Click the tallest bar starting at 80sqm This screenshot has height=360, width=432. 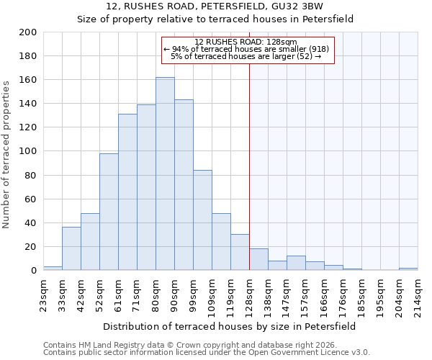coord(165,174)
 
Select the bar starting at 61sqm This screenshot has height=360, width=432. coord(127,192)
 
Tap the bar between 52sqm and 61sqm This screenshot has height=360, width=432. coord(109,212)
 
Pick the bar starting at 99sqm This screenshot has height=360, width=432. coord(202,220)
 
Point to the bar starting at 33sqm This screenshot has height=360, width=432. coord(71,248)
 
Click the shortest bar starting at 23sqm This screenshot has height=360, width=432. coord(53,268)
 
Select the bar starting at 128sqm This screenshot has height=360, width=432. coord(258,259)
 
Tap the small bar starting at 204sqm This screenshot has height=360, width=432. coord(408,269)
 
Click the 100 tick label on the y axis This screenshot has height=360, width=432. coord(29,151)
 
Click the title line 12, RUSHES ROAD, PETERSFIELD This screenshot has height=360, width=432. coord(215,6)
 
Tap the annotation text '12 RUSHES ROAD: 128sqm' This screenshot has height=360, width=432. coord(246,42)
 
